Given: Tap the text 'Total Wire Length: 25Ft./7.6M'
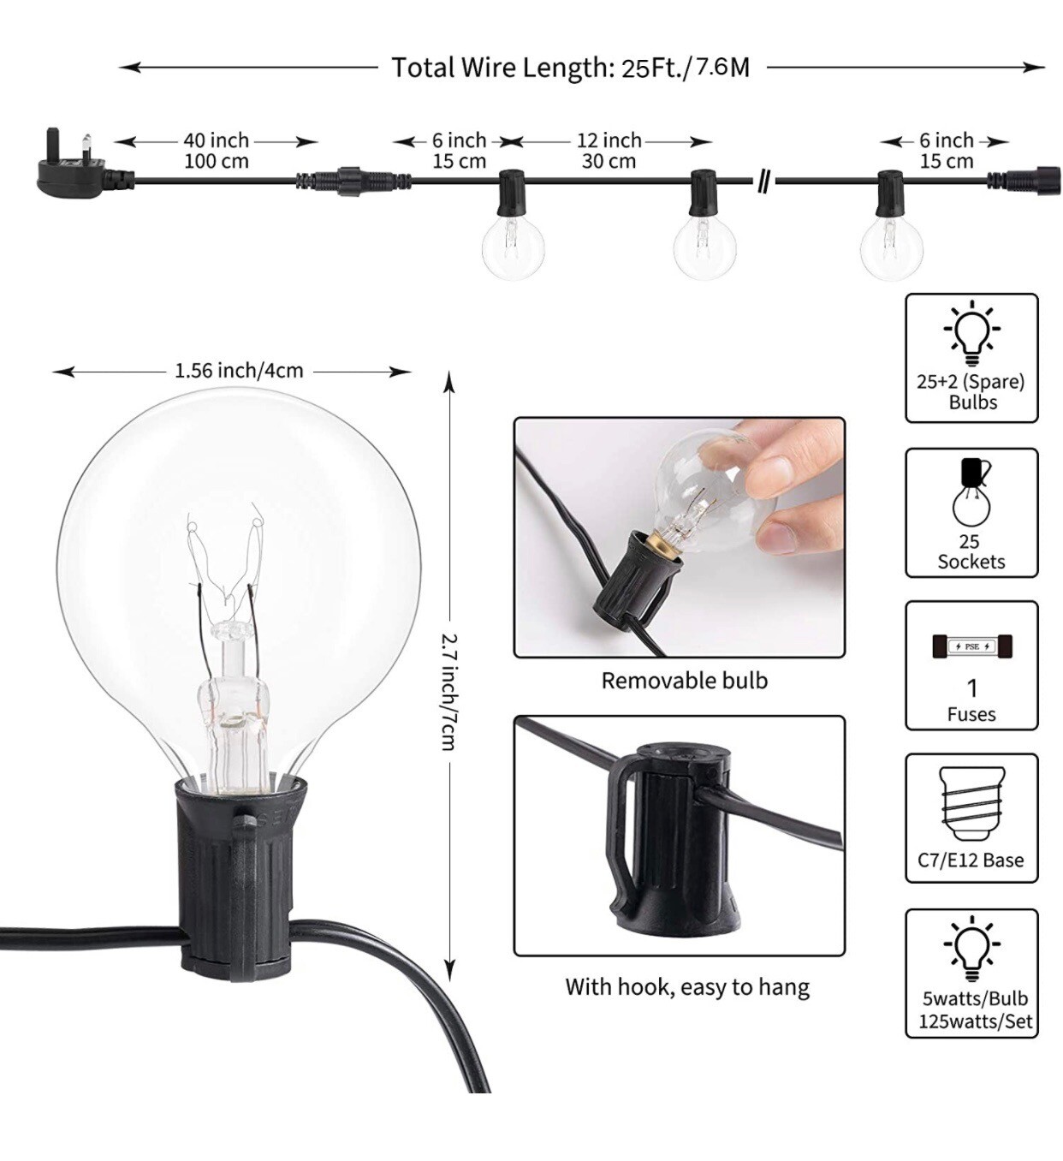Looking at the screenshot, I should (x=570, y=68).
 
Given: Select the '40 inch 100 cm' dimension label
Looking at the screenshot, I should (x=217, y=151).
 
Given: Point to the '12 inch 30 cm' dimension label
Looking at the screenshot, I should (x=609, y=151).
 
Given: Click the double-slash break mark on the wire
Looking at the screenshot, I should (x=763, y=181).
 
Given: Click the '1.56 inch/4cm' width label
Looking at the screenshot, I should (x=239, y=371).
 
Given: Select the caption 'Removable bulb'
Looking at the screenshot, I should (x=684, y=681).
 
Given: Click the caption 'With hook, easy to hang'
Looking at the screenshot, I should (x=687, y=987).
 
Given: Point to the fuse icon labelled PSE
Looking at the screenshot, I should (x=972, y=646).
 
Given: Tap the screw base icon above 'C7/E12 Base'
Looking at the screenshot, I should (x=971, y=803).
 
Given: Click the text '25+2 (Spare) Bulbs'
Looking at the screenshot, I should (x=971, y=391).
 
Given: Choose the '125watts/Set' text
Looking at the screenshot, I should (x=975, y=1021).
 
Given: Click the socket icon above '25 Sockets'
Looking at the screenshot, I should (x=972, y=492).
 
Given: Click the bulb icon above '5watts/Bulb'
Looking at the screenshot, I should (x=971, y=949).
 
